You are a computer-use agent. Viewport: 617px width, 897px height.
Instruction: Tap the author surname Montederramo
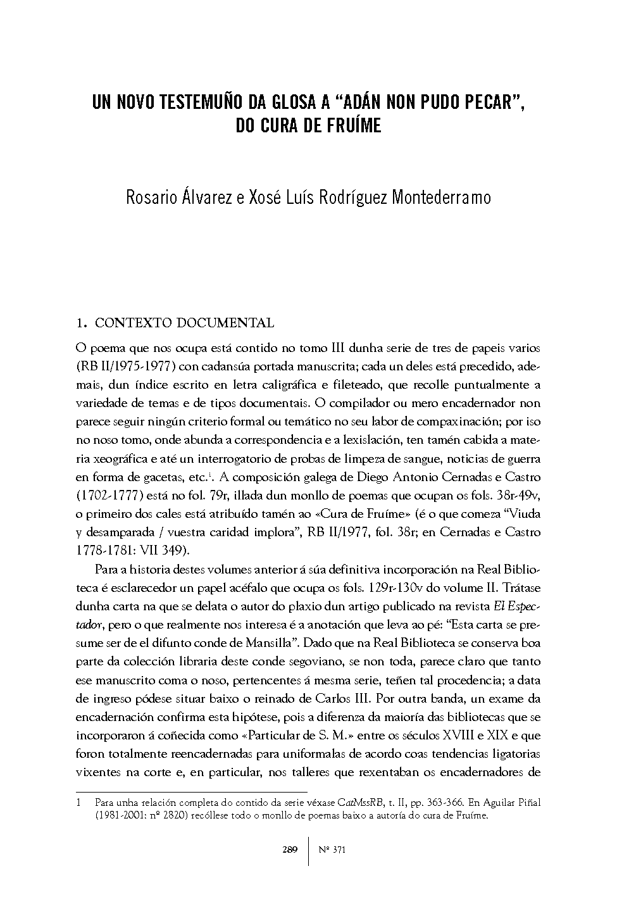coord(441,198)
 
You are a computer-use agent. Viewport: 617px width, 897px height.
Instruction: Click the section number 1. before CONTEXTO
coord(80,323)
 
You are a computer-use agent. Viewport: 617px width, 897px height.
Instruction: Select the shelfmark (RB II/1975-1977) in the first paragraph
coord(125,367)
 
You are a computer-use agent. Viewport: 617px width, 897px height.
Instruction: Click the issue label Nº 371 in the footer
coord(330,850)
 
